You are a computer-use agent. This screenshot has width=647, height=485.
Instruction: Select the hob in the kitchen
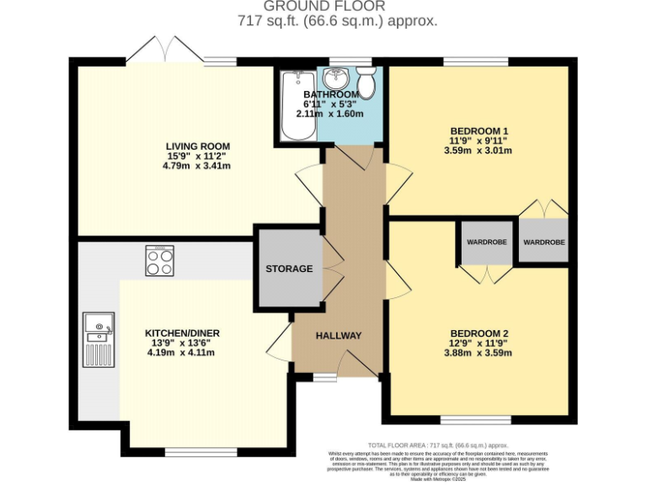(159, 260)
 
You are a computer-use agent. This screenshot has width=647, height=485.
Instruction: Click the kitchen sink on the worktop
(99, 328)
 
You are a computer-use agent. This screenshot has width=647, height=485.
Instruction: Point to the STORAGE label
(289, 269)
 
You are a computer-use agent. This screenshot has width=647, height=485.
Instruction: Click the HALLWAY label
(339, 336)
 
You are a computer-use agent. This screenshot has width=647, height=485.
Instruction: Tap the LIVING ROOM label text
(197, 147)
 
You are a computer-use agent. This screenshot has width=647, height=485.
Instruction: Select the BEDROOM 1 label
(479, 131)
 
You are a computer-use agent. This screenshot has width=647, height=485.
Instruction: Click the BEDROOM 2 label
(479, 333)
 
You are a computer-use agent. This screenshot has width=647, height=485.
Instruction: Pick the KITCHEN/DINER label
(182, 333)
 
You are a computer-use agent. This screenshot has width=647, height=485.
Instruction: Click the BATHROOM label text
(331, 94)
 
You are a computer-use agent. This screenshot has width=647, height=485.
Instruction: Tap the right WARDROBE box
(543, 242)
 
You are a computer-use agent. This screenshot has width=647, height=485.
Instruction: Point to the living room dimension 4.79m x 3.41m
(197, 166)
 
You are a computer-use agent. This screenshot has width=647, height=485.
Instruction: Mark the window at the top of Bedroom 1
(476, 61)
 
